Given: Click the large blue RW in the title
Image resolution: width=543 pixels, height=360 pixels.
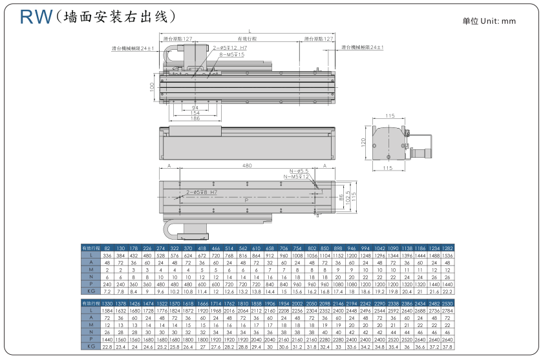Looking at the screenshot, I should [x=36, y=17].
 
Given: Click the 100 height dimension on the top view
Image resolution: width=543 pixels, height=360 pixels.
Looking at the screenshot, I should [x=152, y=86].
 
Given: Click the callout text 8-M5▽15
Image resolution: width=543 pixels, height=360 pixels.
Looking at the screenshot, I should [x=232, y=55].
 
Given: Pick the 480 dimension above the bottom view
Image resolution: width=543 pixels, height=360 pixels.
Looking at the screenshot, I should [x=246, y=166].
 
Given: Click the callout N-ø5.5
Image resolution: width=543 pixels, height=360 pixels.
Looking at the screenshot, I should [x=297, y=171].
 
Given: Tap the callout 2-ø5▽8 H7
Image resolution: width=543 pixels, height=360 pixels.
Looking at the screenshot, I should [x=201, y=192].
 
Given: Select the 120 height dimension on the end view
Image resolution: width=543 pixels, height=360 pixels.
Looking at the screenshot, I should [x=364, y=142].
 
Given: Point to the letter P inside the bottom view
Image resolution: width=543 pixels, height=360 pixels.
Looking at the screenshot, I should [x=246, y=201].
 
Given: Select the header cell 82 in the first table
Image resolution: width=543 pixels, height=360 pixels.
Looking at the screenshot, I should [x=107, y=248].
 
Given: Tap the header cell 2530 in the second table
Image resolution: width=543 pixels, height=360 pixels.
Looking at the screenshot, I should [x=447, y=303].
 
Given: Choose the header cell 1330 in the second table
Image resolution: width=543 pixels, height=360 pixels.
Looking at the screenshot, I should [x=107, y=303].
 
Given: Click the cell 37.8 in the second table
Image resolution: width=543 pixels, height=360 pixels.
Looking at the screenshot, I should [x=447, y=346].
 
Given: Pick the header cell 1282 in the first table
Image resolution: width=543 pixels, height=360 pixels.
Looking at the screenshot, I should [x=447, y=248].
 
